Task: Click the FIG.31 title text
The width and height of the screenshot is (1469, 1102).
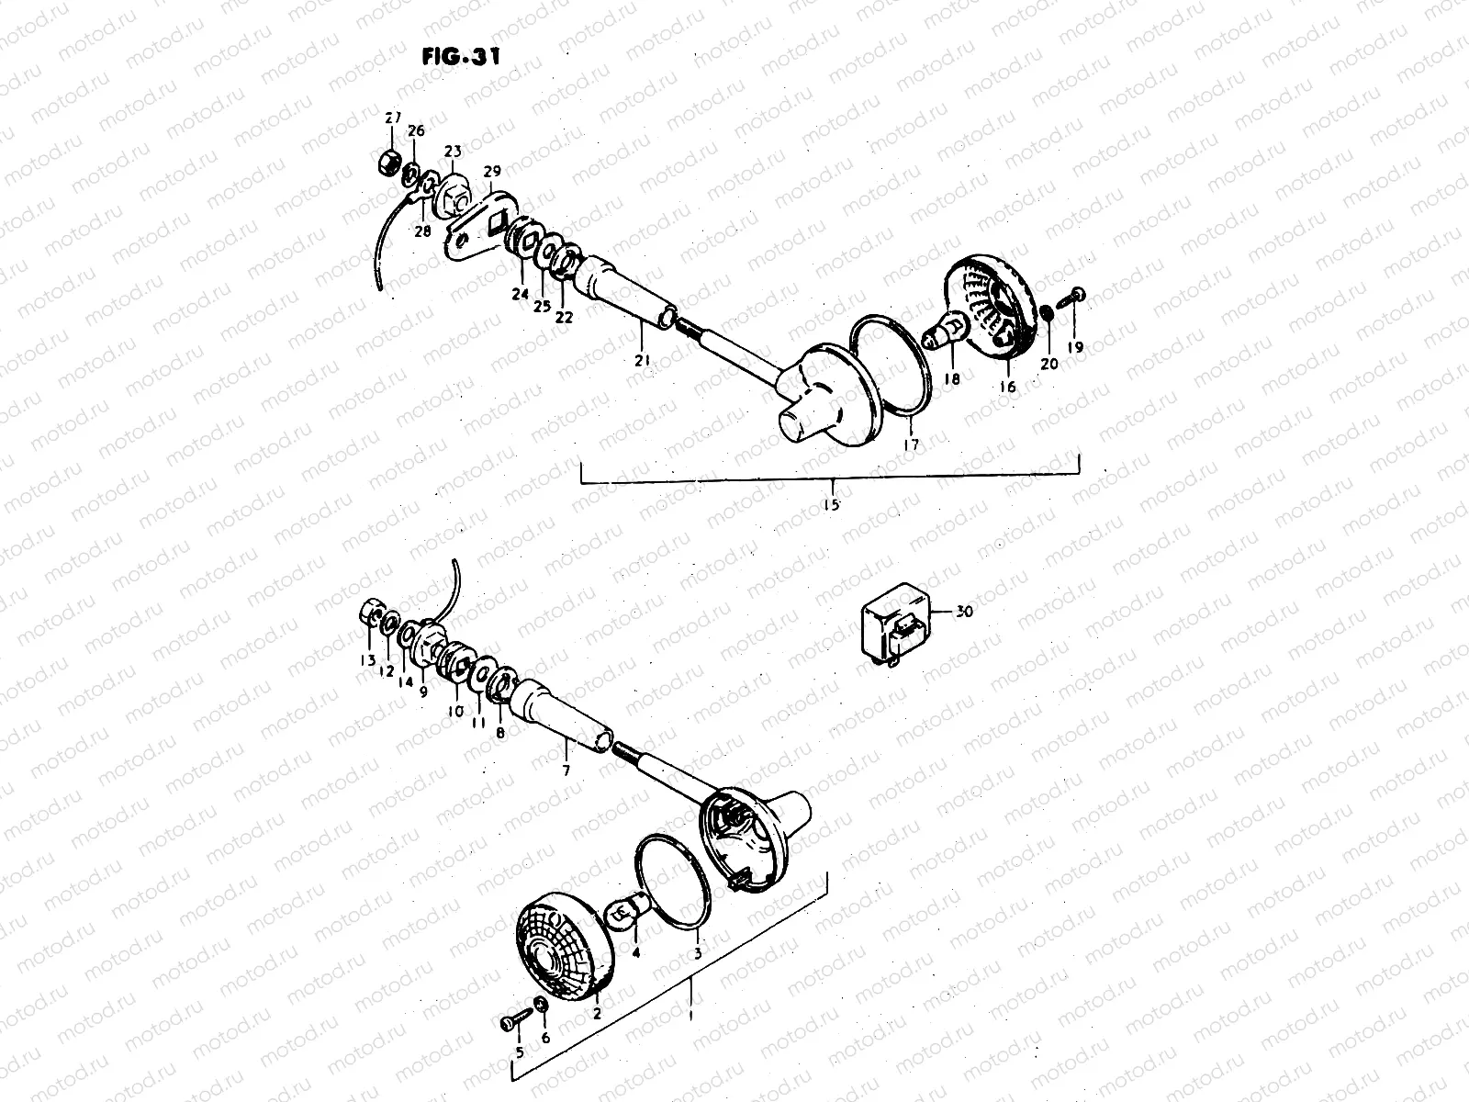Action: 461,57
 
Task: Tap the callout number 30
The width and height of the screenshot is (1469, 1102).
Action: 963,612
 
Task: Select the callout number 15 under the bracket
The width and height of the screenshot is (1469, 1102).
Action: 832,502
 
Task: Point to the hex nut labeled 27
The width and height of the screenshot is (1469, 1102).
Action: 388,164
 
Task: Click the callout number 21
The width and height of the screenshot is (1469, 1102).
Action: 642,361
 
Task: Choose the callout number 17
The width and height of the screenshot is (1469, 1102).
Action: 911,444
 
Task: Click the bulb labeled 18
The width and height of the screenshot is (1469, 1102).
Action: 946,332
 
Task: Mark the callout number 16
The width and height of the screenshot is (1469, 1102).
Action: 1007,387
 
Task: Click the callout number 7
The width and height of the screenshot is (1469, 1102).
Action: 566,771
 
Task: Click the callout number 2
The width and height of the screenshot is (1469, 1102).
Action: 596,1015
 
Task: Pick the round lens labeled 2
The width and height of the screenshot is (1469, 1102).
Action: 561,948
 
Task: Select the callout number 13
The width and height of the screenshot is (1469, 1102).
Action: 367,661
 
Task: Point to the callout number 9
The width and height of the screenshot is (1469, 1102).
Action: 423,692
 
